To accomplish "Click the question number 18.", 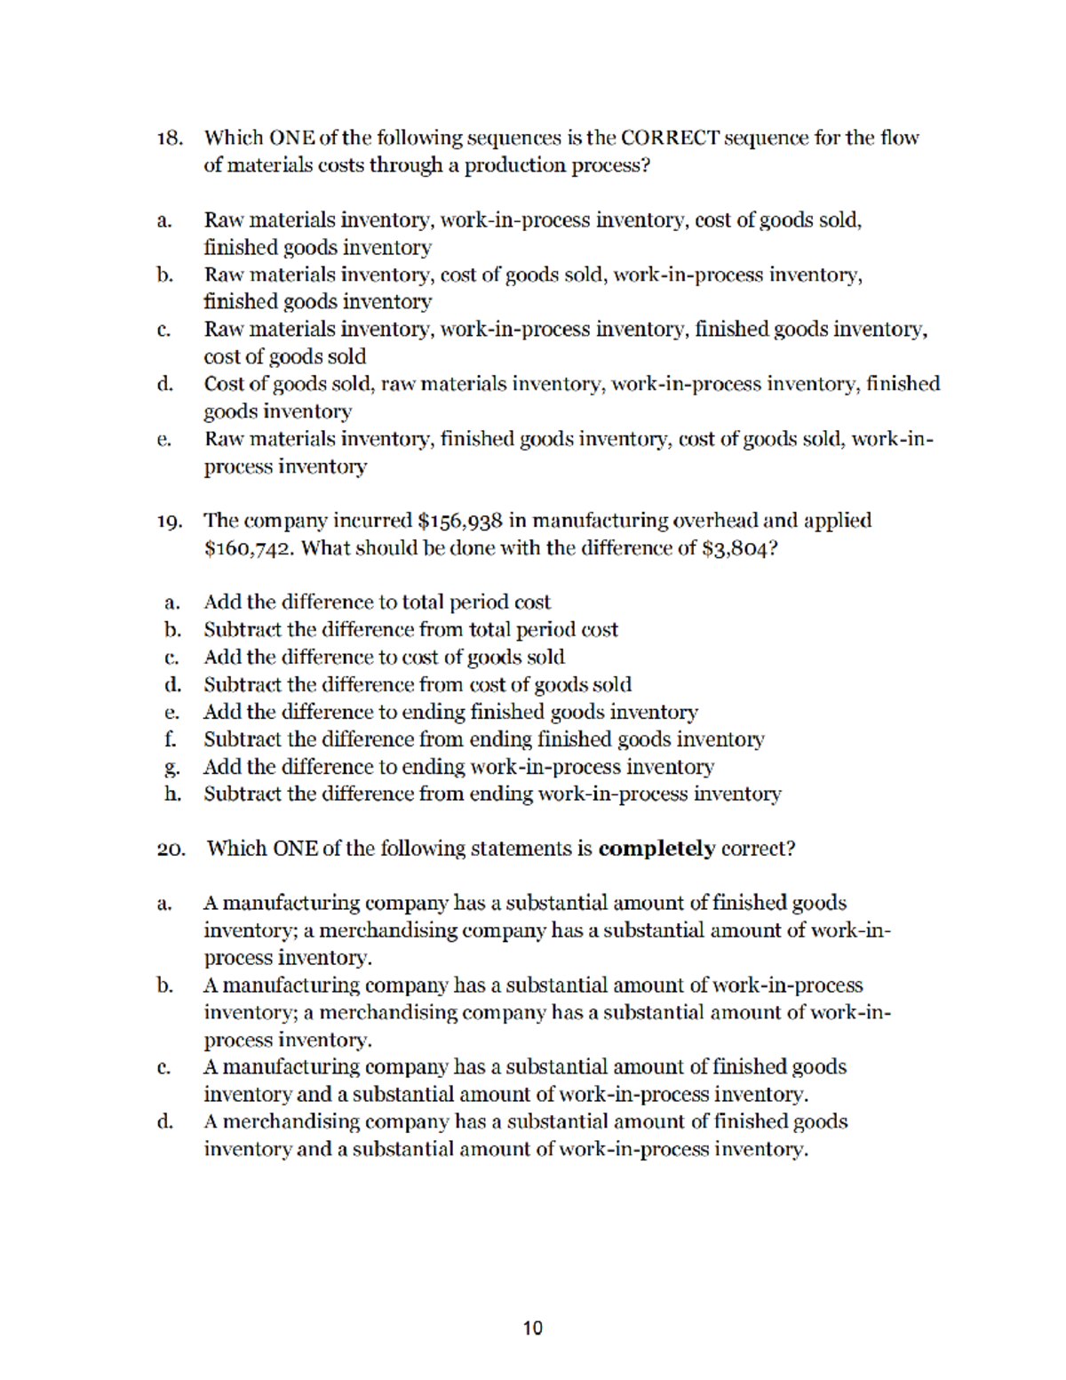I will click(170, 138).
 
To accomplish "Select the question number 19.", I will click(170, 521).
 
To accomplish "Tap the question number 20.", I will click(171, 849).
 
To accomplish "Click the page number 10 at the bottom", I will click(532, 1328).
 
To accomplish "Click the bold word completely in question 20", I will click(656, 849).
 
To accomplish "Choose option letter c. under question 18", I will click(163, 330).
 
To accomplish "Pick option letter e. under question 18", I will click(163, 439).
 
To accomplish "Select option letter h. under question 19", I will click(172, 794).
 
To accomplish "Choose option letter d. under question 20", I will click(164, 1121).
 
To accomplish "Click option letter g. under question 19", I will click(172, 767).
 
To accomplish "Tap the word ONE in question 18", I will click(291, 138).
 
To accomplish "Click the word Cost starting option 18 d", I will click(223, 384).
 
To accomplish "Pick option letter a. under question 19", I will click(172, 602).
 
